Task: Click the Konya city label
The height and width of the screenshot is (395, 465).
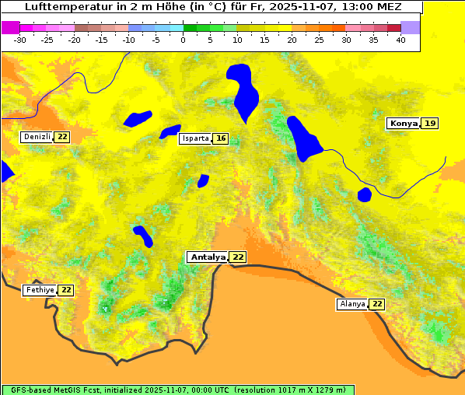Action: (403, 124)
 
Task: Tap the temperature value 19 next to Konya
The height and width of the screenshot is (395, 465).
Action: (430, 124)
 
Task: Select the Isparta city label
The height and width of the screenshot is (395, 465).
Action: (194, 138)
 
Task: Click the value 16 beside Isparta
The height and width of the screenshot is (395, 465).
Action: (221, 138)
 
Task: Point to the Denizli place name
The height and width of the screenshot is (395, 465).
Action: (37, 137)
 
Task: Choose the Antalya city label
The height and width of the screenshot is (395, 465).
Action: (208, 257)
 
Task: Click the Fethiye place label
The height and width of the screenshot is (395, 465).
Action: (39, 290)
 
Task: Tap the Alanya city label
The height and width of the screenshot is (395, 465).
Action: (351, 304)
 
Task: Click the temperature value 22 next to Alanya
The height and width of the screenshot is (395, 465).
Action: (377, 304)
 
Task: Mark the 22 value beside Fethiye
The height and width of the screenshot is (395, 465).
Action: (67, 290)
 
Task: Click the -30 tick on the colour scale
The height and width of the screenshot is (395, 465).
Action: (20, 40)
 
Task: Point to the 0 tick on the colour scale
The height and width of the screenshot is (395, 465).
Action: (184, 40)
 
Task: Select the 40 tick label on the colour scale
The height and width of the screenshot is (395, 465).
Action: (400, 40)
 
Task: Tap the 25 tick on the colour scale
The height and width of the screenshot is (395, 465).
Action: (319, 40)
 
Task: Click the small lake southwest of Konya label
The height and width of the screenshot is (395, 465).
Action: (365, 194)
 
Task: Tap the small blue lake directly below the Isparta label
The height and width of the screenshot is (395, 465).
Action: (203, 180)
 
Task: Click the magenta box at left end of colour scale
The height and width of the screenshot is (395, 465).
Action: (10, 27)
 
